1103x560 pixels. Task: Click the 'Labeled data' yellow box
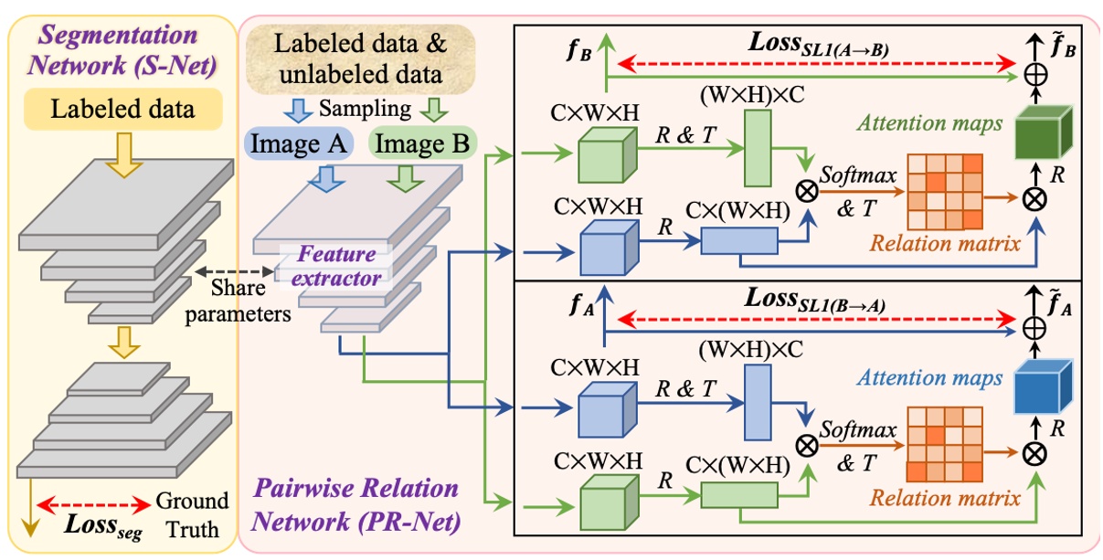[122, 111]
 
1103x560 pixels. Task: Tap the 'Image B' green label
[421, 143]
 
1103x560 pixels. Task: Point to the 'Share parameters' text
[239, 301]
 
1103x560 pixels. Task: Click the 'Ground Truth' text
[192, 514]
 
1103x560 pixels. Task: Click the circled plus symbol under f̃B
[1034, 75]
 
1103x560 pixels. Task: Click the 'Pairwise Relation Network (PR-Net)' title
[356, 509]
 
